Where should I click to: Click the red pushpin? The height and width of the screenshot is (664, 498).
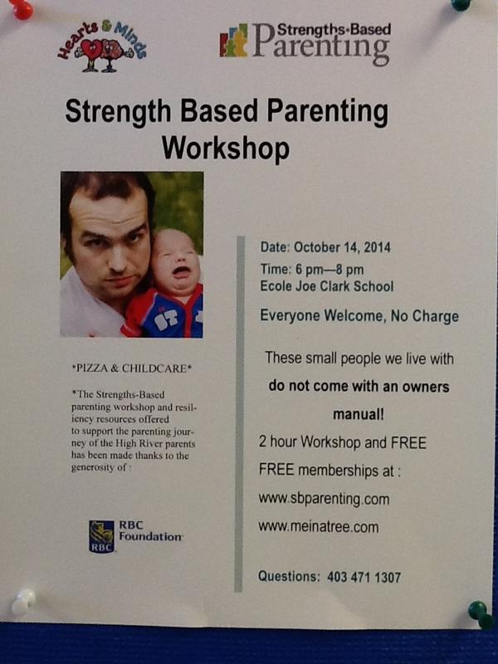(21, 8)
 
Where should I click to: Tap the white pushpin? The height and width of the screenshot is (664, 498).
(22, 599)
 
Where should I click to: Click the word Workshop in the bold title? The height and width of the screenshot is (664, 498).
(226, 149)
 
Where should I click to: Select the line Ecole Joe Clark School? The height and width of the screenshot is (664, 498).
(326, 287)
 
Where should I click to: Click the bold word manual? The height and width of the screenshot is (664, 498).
(358, 413)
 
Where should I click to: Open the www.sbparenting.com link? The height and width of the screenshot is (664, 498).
(324, 499)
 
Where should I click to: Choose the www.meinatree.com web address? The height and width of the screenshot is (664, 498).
(319, 526)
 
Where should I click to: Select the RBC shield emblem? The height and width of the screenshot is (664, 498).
(101, 536)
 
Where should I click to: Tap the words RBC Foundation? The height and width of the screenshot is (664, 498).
(149, 531)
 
